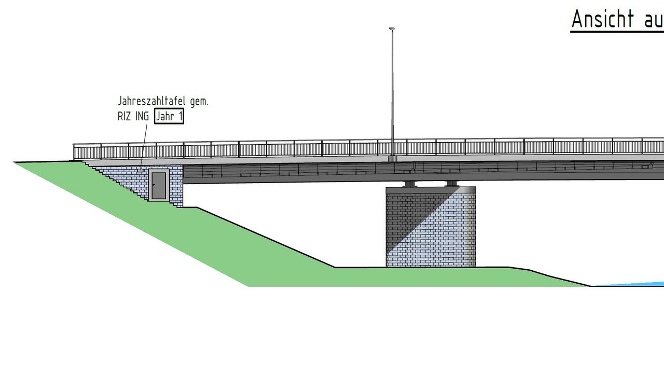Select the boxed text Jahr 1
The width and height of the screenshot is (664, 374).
tap(169, 117)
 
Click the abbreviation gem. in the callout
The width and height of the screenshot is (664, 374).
tap(199, 101)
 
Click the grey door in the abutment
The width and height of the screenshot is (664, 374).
tap(159, 185)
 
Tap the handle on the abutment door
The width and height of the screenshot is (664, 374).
tap(154, 185)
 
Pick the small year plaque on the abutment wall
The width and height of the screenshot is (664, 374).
tap(140, 170)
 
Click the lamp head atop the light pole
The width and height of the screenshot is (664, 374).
tap(392, 29)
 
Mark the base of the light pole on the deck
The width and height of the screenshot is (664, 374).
tap(393, 158)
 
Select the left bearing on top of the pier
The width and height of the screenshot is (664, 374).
tap(409, 184)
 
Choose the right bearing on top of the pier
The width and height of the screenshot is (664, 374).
tap(452, 184)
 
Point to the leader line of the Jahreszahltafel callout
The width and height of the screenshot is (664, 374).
tap(143, 145)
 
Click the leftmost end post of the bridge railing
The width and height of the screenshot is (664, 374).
tap(74, 152)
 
